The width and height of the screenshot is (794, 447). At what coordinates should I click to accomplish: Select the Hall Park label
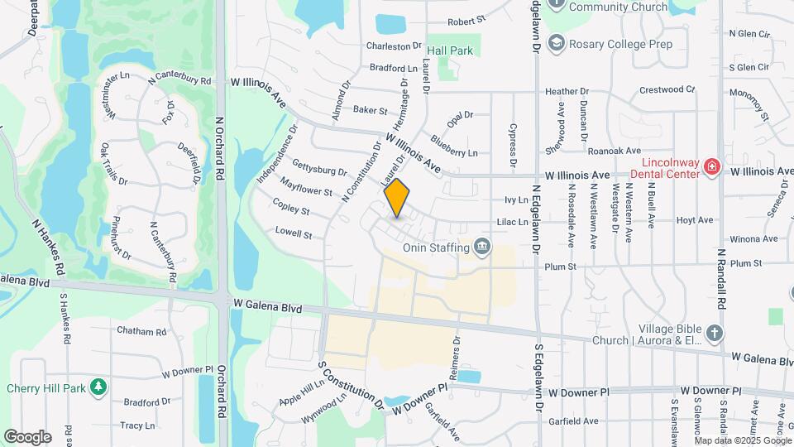[x=450, y=50]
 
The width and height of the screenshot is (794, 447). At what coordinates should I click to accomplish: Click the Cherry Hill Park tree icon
[x=98, y=387]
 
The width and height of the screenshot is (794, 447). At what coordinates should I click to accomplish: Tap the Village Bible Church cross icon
[x=715, y=334]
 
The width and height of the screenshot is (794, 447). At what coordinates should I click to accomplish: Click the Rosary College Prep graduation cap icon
[x=558, y=43]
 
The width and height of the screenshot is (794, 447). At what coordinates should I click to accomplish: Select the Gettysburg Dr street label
[x=320, y=165]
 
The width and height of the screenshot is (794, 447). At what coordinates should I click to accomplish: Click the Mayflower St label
[x=305, y=185]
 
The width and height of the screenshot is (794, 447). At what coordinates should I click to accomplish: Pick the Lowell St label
[x=294, y=233]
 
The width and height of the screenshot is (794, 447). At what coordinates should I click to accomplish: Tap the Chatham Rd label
[x=142, y=331]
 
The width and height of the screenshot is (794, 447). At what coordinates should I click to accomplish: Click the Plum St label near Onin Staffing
[x=559, y=267]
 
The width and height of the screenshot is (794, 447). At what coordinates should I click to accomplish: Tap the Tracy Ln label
[x=137, y=425]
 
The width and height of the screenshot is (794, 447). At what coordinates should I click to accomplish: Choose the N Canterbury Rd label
[x=179, y=80]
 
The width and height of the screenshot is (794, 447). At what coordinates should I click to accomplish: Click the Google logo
[x=27, y=436]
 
